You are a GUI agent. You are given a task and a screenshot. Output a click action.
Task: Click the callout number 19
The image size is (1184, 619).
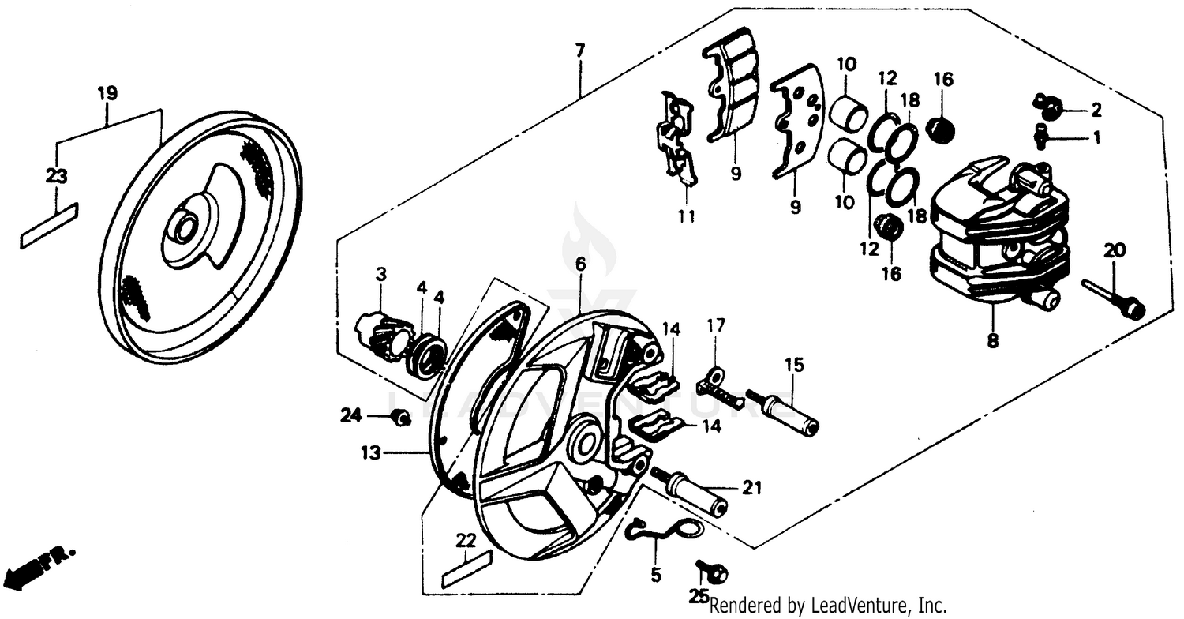(107, 93)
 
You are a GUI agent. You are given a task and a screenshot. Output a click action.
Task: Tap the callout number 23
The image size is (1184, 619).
(56, 176)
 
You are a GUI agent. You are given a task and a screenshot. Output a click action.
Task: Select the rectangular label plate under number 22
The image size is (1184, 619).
(466, 568)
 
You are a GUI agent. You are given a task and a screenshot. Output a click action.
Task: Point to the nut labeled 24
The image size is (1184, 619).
(400, 417)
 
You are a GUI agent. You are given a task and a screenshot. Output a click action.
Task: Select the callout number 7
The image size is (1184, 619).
(580, 51)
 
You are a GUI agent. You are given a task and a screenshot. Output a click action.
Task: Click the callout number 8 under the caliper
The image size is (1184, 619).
(992, 341)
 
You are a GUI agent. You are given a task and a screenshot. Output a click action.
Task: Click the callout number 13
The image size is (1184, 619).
(372, 453)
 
